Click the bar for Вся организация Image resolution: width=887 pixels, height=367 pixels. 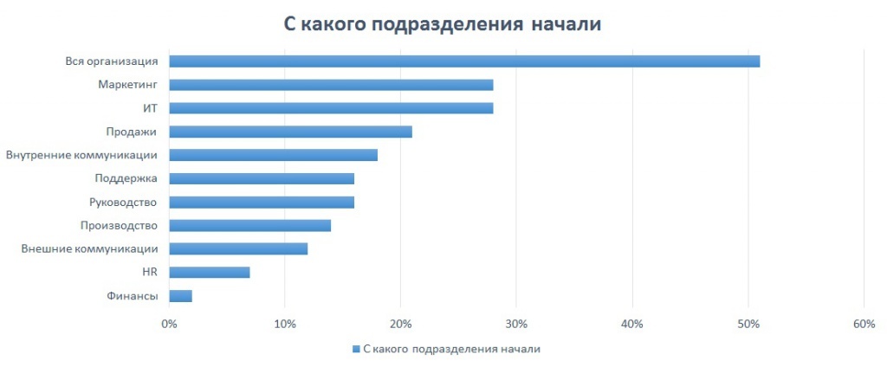(464, 61)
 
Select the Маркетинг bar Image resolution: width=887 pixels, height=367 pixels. (331, 85)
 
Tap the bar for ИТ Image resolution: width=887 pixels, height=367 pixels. (331, 108)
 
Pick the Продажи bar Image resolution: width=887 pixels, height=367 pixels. (290, 132)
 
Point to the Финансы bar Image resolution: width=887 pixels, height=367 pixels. (180, 296)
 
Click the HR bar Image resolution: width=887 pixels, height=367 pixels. (210, 273)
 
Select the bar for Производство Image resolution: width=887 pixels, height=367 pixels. (249, 226)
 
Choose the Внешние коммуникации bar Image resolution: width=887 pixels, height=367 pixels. (238, 249)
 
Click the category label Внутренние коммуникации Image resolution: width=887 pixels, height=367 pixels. (81, 155)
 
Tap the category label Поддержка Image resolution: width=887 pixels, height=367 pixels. (126, 178)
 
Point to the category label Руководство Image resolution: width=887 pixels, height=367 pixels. (124, 203)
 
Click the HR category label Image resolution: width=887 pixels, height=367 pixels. (149, 273)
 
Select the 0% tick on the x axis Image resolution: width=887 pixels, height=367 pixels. (169, 324)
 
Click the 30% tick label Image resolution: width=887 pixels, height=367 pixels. (516, 324)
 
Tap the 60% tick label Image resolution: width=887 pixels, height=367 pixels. (864, 324)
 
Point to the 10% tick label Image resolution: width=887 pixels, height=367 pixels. (285, 324)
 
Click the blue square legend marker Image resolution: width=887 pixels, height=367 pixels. (355, 349)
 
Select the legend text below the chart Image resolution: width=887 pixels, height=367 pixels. (451, 349)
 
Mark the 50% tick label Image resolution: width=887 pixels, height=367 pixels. (748, 324)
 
